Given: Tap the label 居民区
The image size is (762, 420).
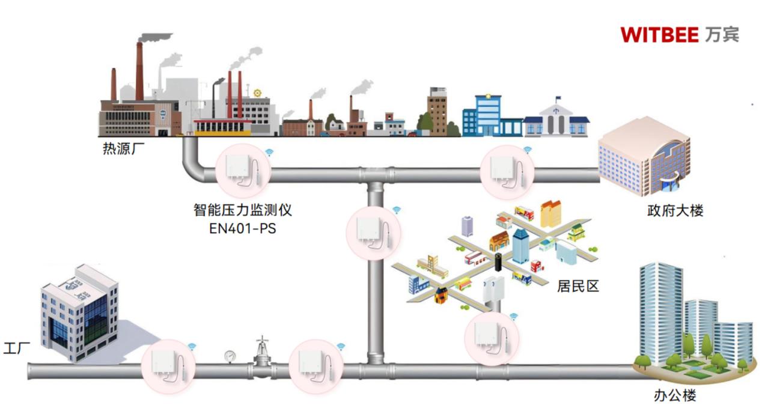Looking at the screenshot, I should click(x=578, y=286).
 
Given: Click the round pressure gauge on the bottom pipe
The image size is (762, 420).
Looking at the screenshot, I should click(x=230, y=356).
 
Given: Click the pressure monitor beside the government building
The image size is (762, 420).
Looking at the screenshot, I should click(x=507, y=171).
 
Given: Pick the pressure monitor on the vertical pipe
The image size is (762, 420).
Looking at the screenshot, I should click(x=374, y=233).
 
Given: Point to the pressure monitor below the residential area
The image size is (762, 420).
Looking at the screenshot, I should click(x=492, y=338).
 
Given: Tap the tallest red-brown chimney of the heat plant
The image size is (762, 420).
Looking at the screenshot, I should click(x=139, y=71).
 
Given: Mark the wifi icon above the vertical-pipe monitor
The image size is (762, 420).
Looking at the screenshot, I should click(x=397, y=210).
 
